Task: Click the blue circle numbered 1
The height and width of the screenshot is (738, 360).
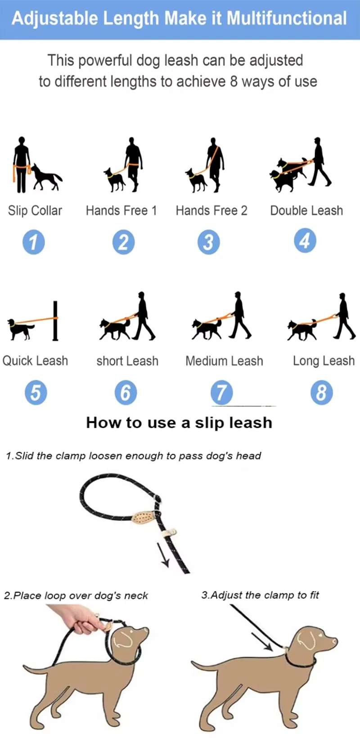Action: (34, 242)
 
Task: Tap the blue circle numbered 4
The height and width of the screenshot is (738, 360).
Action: (305, 241)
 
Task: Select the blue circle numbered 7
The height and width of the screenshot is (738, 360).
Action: (222, 392)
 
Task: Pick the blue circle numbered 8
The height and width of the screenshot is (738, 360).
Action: (321, 392)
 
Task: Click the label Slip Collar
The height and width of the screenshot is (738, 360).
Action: (35, 210)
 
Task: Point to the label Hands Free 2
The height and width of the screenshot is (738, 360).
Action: (211, 210)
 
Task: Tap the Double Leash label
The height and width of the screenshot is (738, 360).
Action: (306, 210)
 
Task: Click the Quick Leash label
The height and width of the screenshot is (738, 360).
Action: (35, 361)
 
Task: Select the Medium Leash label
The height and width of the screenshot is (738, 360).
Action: (224, 361)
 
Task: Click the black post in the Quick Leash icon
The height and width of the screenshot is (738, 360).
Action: (56, 321)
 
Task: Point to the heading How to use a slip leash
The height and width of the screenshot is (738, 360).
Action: (179, 423)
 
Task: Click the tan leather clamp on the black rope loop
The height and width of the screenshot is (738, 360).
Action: (143, 518)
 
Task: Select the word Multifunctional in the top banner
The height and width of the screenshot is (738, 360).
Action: (287, 18)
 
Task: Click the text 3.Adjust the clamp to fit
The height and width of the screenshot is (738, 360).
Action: (260, 595)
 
